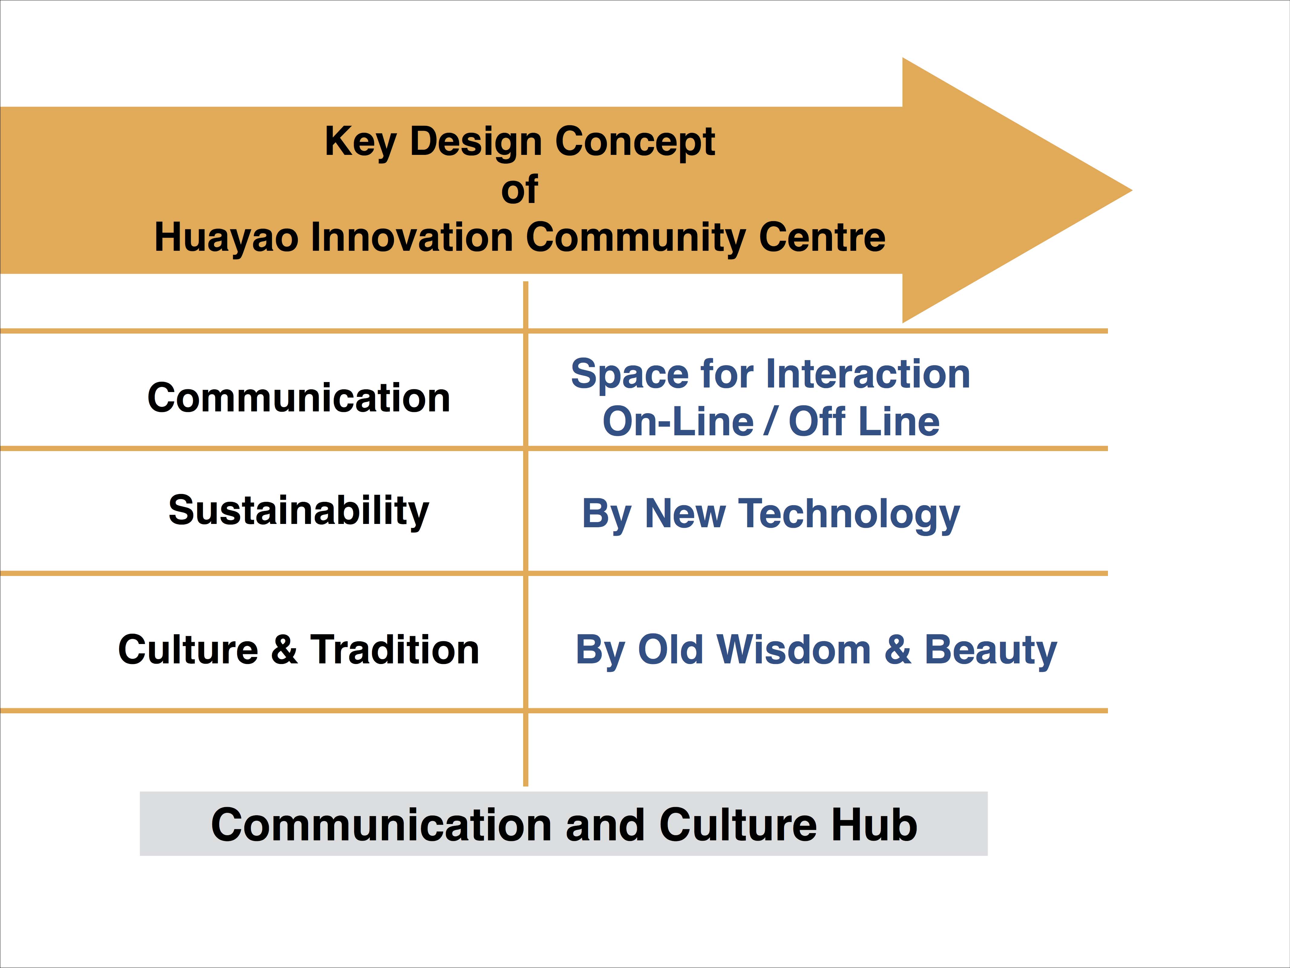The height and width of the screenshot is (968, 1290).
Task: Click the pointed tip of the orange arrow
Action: pos(1131,190)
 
